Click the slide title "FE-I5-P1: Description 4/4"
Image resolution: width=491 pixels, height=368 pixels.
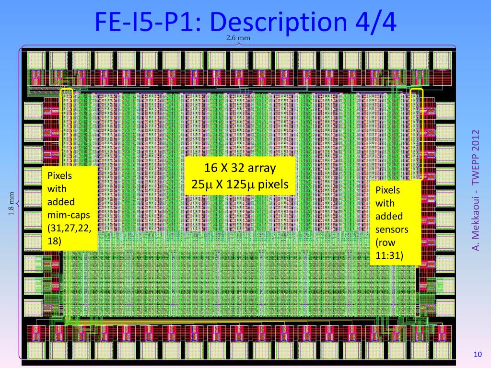pos(245,22)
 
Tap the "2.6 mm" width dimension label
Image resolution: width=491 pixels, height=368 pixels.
pos(238,38)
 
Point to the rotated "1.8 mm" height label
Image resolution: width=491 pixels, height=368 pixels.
pos(13,204)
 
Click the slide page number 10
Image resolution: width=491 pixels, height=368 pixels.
pos(477,355)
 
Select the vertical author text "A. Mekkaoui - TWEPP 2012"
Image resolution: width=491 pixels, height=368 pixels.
pos(476,190)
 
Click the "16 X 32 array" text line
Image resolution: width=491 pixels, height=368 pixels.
pos(240,168)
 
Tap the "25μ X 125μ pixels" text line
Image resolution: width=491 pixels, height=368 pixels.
pos(240,184)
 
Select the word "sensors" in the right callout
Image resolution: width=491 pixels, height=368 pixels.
pos(392,229)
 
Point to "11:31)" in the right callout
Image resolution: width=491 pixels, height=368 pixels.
pos(389,256)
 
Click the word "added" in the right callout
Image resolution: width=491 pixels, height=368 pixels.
pos(389,216)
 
